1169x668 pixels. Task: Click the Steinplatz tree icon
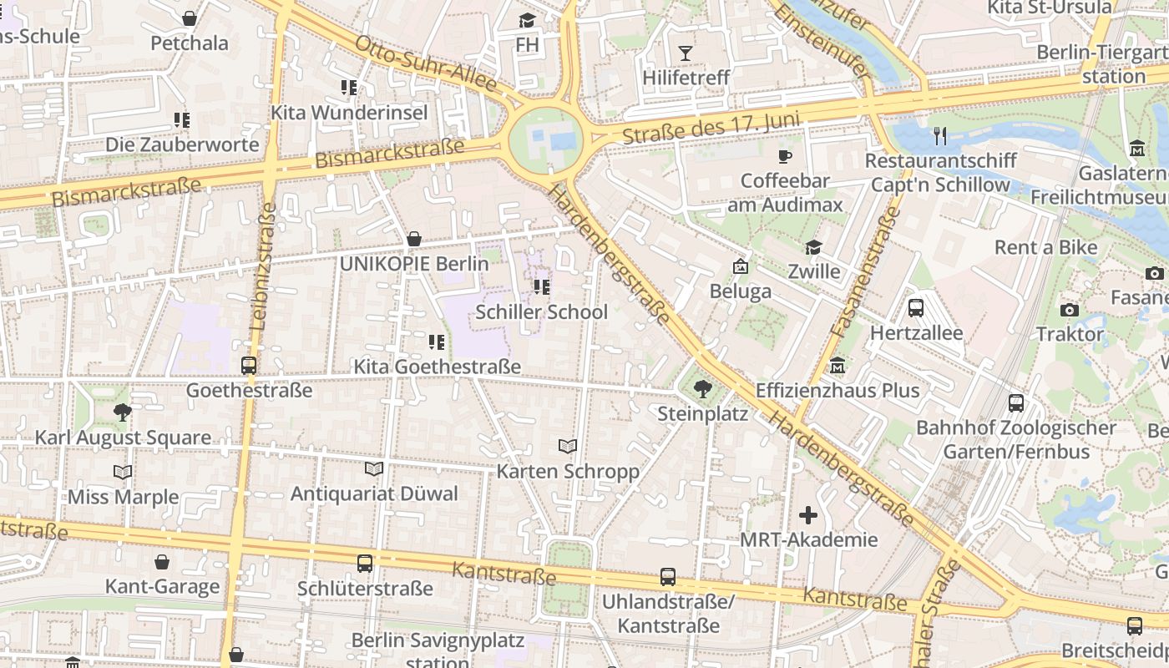703,387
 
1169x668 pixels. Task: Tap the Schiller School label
541,312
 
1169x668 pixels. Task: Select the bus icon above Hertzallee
916,307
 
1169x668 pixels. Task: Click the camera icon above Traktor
1069,310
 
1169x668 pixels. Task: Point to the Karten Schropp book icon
568,446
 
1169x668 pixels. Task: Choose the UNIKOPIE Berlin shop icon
413,240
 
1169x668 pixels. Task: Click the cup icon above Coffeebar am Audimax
784,156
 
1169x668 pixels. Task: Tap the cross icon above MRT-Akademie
807,515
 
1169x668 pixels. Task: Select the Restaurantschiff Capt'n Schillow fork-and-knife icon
940,135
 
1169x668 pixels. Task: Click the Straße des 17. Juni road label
711,130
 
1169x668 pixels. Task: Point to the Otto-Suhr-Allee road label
426,63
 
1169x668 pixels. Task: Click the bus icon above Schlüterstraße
365,564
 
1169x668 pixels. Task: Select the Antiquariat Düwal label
374,493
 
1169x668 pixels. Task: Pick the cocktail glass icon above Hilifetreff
686,53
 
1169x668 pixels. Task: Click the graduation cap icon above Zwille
813,247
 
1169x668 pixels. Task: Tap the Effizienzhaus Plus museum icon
838,366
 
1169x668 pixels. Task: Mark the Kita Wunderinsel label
349,113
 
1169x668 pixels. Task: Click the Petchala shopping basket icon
190,18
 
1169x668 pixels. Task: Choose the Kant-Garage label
162,586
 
